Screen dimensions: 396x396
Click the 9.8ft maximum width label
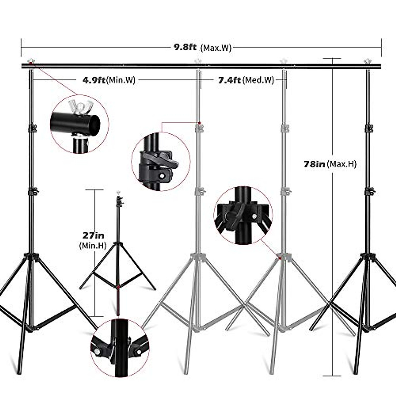[x=185, y=47]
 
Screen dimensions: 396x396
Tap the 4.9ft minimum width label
[x=93, y=80]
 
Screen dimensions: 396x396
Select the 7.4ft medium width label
[x=230, y=80]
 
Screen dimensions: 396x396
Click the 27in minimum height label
[x=93, y=235]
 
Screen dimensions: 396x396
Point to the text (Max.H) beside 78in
[x=342, y=164]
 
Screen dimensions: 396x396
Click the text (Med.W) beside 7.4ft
[x=258, y=80]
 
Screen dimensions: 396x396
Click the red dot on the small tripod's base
[x=118, y=287]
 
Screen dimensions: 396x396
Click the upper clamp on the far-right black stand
[x=369, y=128]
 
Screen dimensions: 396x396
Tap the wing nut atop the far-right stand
[x=367, y=61]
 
